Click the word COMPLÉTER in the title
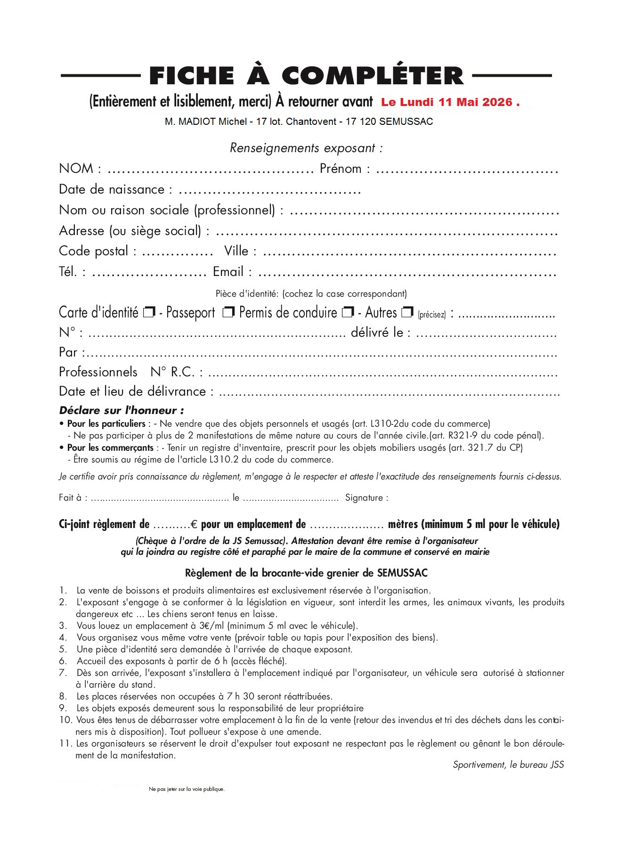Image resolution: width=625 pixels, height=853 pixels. [x=373, y=76]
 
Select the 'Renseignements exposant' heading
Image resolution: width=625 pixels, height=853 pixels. [x=306, y=148]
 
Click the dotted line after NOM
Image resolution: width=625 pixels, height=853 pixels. [x=210, y=170]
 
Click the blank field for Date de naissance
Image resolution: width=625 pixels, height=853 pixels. [x=269, y=191]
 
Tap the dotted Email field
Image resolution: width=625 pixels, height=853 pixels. [x=407, y=273]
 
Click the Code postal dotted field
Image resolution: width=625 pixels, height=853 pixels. [x=177, y=252]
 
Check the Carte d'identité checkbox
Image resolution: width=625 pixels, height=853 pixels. [x=149, y=312]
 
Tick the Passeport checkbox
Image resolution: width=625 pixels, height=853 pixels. [x=228, y=312]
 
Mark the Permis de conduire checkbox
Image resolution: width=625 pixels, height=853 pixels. [x=348, y=312]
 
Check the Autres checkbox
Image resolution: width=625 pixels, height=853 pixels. [x=407, y=312]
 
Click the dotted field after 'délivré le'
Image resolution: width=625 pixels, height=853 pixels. [x=486, y=334]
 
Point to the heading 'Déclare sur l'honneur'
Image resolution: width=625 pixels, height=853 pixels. [x=122, y=410]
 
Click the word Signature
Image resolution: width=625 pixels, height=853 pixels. [x=366, y=498]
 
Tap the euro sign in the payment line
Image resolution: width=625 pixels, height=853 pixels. [x=194, y=524]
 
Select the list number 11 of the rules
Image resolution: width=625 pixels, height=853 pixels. [x=65, y=744]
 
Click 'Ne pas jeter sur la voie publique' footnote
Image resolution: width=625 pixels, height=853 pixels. [x=187, y=789]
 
